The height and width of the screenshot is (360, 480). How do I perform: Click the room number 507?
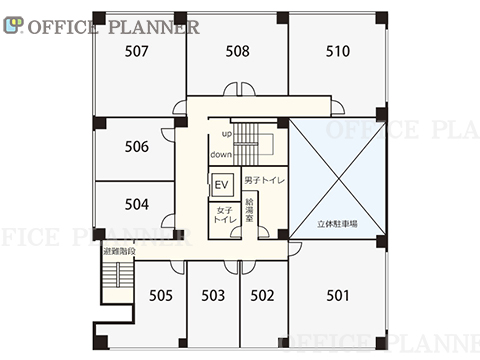[137, 51]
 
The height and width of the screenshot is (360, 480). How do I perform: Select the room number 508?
[237, 51]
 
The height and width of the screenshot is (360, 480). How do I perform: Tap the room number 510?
[338, 51]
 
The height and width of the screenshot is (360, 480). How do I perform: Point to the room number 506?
[137, 147]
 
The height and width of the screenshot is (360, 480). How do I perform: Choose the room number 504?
[137, 204]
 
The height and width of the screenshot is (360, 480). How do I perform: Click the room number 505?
[161, 295]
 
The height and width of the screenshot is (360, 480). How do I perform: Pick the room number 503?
[213, 295]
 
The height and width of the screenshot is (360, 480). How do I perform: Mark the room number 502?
[262, 295]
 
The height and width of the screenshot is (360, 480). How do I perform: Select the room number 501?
[338, 295]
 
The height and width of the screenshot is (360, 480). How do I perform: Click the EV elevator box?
[221, 184]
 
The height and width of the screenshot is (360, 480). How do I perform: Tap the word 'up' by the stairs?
[227, 134]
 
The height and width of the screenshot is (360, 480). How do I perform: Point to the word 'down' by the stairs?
[221, 154]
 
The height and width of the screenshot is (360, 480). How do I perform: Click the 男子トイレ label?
[265, 180]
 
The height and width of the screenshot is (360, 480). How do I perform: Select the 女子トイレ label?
[225, 215]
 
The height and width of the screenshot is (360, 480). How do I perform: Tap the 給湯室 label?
[249, 210]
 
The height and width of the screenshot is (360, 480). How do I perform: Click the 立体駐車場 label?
[337, 224]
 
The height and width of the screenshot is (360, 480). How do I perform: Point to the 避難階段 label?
[119, 251]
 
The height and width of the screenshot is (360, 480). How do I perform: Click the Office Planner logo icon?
[13, 25]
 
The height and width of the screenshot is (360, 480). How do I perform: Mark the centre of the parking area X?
[338, 179]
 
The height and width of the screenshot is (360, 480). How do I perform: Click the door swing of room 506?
[168, 135]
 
